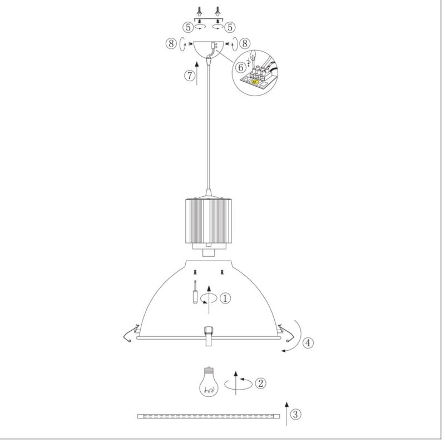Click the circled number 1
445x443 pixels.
tap(225, 298)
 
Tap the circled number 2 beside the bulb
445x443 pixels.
tap(260, 383)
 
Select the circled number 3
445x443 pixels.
tap(295, 414)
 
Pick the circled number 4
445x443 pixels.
tap(308, 342)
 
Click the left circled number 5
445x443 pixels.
tap(188, 27)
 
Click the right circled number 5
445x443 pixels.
tap(230, 27)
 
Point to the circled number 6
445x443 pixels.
tap(241, 67)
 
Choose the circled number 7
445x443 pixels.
tap(190, 76)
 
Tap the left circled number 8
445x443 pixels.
tap(171, 43)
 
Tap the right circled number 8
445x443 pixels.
tap(245, 43)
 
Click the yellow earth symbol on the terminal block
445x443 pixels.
tap(255, 82)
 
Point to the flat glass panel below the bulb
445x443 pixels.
tap(209, 416)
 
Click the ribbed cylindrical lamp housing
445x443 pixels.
tap(209, 221)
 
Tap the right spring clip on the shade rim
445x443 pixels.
tap(286, 334)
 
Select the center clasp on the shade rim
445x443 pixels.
tap(209, 336)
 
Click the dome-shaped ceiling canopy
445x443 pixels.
tap(209, 50)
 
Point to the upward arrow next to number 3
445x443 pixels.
tap(286, 414)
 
